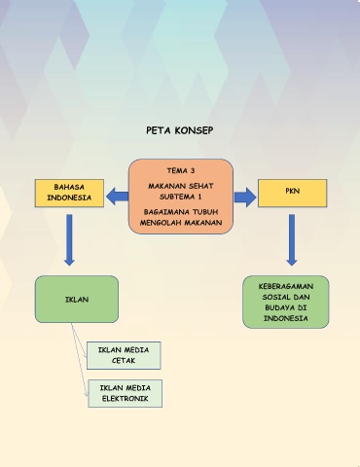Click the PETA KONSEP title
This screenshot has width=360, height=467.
coord(180,130)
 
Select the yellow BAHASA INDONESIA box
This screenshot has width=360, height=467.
coord(69,193)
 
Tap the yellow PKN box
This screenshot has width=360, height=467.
coord(292,193)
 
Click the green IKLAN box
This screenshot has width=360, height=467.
coord(77,299)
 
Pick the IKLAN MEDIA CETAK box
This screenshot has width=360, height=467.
coord(124,355)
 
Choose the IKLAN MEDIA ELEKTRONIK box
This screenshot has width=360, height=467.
coord(126,393)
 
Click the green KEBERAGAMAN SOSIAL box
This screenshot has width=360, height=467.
coord(286,302)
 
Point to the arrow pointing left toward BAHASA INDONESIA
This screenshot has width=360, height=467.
coord(117,197)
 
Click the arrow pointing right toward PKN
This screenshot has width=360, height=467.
coord(245,198)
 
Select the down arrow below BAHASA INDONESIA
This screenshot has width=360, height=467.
coord(69,240)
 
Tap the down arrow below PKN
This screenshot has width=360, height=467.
coord(292,240)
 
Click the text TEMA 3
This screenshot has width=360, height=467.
coord(181,170)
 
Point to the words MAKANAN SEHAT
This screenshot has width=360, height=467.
coord(181,186)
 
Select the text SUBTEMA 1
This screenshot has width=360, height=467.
coord(181,197)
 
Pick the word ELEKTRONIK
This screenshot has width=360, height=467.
coord(126,399)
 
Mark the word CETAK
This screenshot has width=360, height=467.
coord(124,360)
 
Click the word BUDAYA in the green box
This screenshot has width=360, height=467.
coord(276,307)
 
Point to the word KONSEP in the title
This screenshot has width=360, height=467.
coord(194,130)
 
